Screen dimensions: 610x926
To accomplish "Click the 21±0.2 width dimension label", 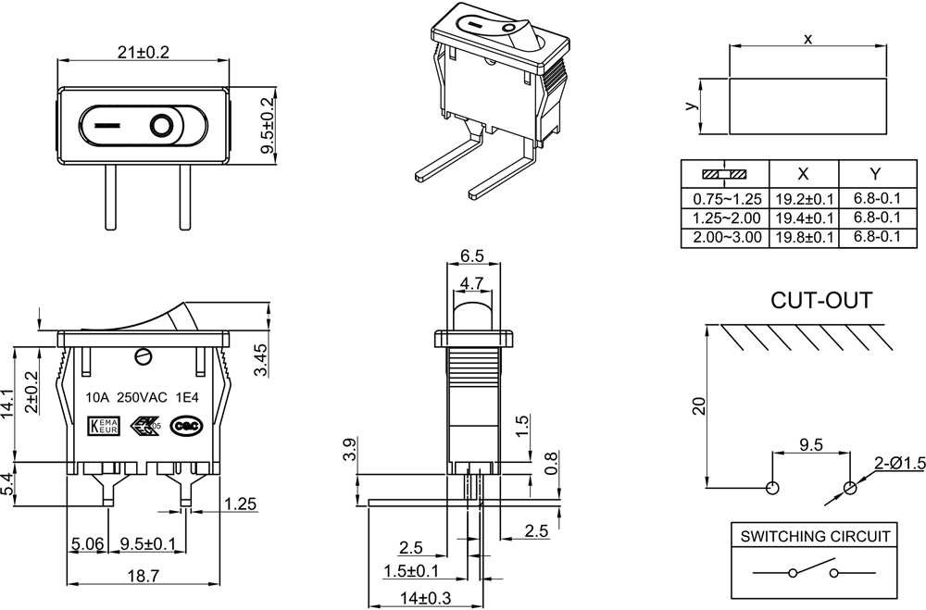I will pos(144,53).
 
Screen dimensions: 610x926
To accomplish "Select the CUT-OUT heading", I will pos(821,301).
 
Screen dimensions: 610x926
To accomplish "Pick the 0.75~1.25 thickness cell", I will pos(726,198).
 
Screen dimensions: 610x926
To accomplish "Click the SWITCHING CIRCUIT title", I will pos(814,536).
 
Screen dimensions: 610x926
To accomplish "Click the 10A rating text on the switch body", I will pos(97,397).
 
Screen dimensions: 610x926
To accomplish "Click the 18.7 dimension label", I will pos(143,575).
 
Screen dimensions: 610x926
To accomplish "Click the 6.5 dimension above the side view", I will pos(472,256).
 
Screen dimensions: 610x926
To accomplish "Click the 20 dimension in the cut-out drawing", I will pos(700,405).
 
